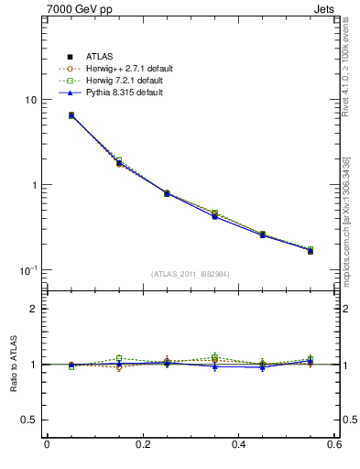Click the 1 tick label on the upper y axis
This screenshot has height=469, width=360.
tap(34, 185)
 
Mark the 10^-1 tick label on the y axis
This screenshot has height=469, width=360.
tap(28, 270)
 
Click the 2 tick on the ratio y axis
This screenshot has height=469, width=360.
tap(34, 309)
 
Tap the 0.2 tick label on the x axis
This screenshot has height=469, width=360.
tap(142, 445)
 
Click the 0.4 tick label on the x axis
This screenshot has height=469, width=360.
tap(238, 445)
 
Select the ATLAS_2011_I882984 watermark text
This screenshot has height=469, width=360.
tap(191, 274)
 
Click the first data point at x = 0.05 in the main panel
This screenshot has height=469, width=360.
tap(71, 115)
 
